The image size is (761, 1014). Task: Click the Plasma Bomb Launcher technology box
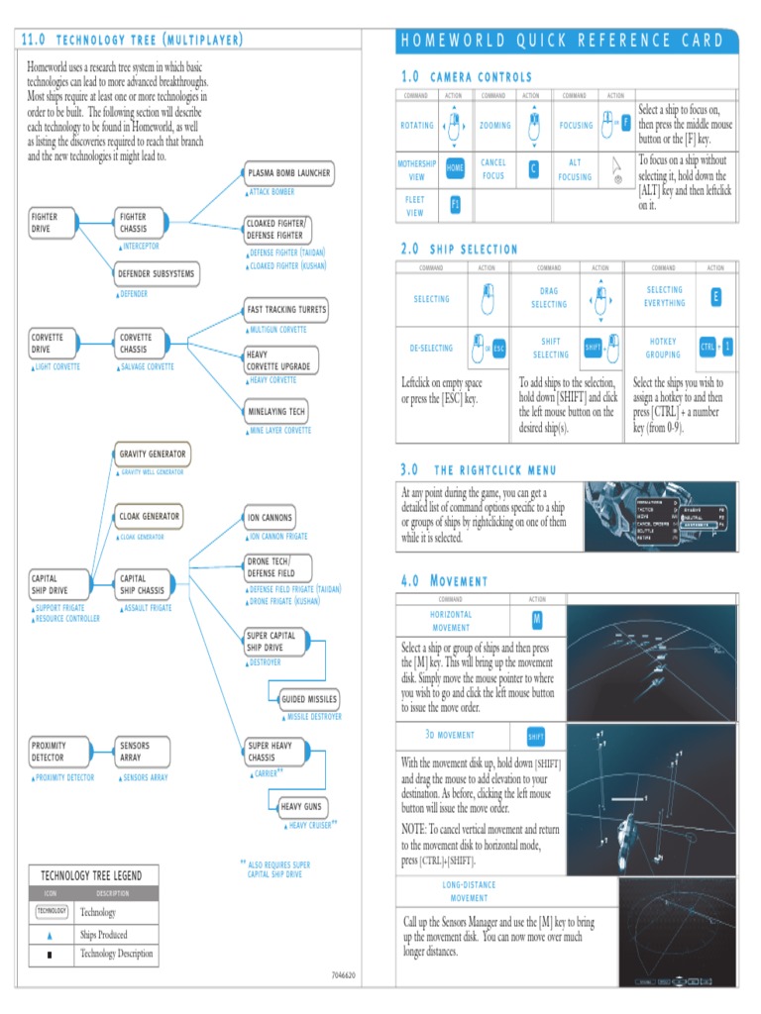pos(289,173)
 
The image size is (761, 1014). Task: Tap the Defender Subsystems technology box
pos(156,273)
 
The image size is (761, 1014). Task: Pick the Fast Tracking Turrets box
pos(286,310)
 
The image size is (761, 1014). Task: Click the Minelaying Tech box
pos(276,411)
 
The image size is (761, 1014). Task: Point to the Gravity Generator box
pos(152,455)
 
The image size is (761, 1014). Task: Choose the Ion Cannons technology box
pos(270,517)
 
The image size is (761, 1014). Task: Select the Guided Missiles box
pos(308,699)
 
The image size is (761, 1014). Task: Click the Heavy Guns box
pos(301,807)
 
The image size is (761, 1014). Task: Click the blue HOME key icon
pos(455,168)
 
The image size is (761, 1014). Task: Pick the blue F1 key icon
pos(455,204)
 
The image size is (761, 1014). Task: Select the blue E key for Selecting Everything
pos(715,297)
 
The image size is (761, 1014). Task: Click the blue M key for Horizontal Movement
pos(536,620)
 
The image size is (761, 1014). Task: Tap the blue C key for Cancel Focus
pos(533,168)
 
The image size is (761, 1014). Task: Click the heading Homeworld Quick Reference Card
pos(562,41)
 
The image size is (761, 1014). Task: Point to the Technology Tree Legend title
pos(91,875)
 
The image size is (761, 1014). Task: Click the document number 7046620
pos(343,974)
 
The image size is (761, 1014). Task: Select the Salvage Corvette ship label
pos(147,367)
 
